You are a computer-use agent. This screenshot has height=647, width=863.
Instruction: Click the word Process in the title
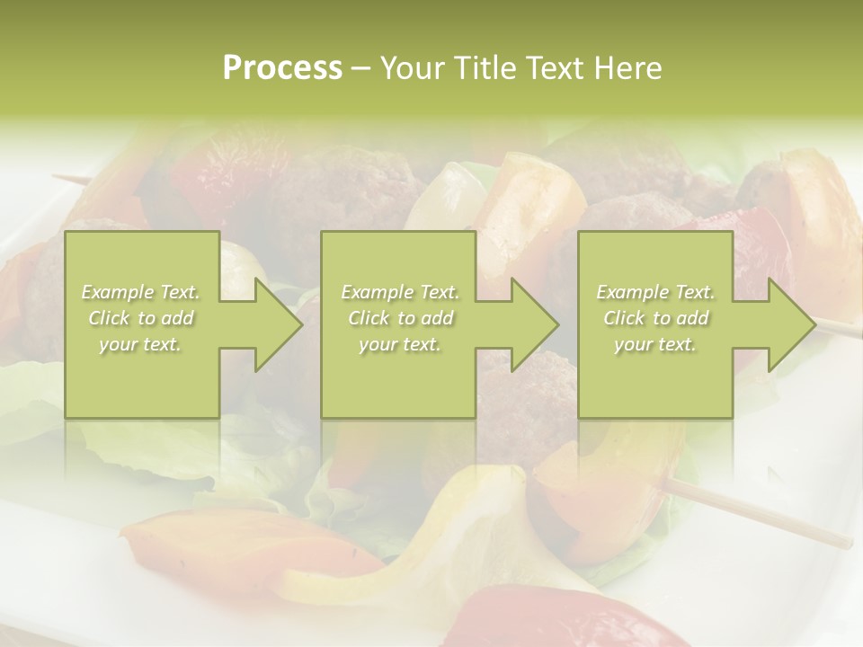[x=282, y=68]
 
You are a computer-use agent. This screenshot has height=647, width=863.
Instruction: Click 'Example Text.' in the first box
[x=141, y=292]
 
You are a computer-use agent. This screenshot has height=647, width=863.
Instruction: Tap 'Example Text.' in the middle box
[x=400, y=292]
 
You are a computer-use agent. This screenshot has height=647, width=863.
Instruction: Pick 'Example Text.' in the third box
[x=655, y=292]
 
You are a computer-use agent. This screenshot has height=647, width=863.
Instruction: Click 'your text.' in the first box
[x=140, y=344]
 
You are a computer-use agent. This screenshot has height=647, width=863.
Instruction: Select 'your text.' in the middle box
[x=399, y=344]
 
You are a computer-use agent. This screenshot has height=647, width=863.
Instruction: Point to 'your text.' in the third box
[x=654, y=344]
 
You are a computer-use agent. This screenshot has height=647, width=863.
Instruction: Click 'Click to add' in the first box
[x=141, y=318]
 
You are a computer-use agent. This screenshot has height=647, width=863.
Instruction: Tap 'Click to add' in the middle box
[x=400, y=318]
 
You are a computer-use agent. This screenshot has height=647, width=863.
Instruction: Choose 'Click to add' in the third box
[x=655, y=318]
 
